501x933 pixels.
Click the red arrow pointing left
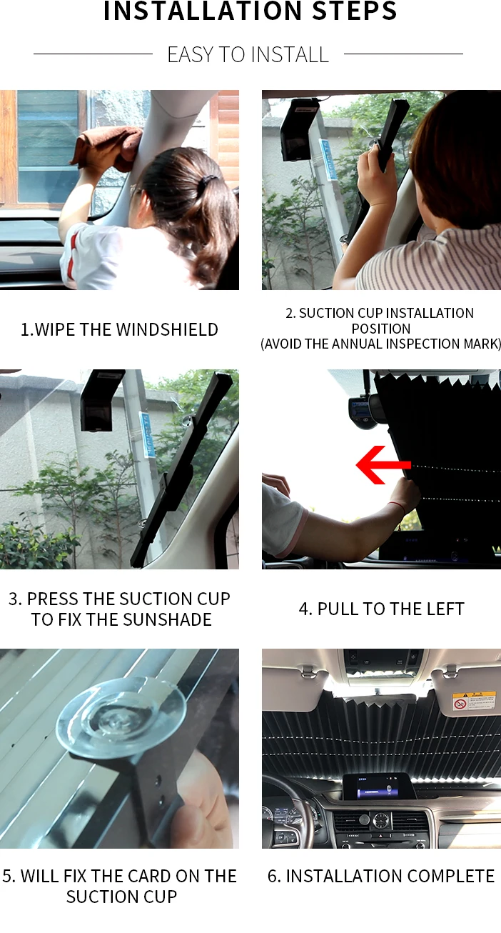[383, 465]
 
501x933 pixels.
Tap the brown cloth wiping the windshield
[106, 149]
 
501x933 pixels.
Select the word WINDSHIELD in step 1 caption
[167, 329]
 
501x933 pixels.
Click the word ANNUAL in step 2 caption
[357, 344]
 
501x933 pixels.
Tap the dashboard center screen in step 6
[376, 787]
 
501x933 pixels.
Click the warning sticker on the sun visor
[474, 701]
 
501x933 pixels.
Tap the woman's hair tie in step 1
[207, 181]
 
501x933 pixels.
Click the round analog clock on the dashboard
[380, 821]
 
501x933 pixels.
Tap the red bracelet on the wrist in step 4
[398, 507]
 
